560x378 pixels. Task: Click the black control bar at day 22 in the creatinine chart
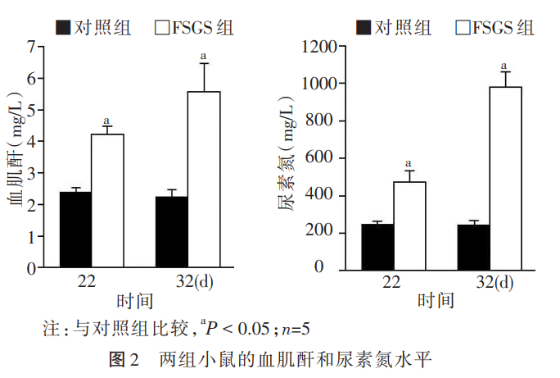(75, 230)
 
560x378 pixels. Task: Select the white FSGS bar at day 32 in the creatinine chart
(204, 180)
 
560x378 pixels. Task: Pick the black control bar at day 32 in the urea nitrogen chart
(473, 246)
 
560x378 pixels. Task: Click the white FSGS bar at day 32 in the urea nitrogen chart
(505, 177)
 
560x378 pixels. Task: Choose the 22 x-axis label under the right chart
(391, 281)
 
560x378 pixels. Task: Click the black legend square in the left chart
(62, 28)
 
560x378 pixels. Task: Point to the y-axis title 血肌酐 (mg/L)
(14, 157)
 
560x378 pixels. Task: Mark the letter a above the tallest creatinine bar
(203, 57)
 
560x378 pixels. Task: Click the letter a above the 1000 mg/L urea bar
(504, 66)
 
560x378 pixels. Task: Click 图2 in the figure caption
(124, 359)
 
